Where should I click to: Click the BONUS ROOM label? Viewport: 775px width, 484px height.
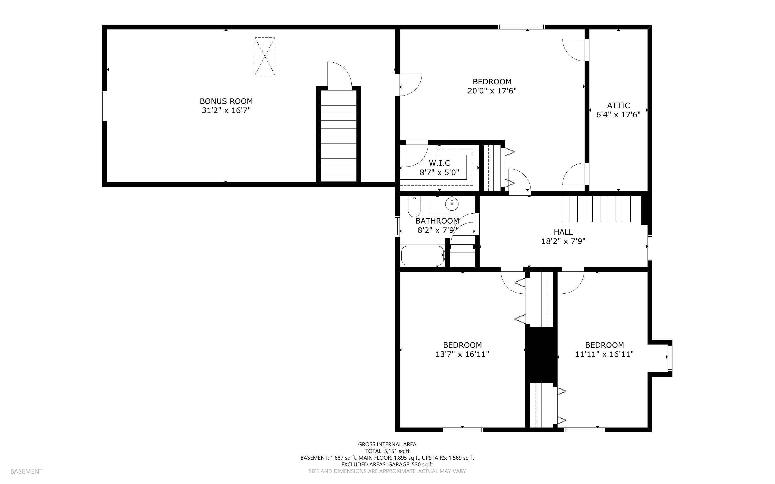[x=226, y=101]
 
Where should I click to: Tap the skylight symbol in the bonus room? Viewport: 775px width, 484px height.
[x=264, y=56]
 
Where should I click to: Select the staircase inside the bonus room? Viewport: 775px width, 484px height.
[x=339, y=136]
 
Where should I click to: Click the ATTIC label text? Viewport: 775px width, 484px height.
[x=618, y=105]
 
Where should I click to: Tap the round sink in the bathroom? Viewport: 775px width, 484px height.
[x=452, y=204]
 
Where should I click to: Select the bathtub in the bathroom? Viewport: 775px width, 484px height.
[x=423, y=255]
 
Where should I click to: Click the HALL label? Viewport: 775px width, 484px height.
[x=563, y=232]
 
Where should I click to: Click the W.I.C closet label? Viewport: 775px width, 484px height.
[x=439, y=163]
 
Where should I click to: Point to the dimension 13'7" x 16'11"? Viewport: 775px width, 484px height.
[x=462, y=354]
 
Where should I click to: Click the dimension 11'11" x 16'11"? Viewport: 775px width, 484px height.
[x=604, y=354]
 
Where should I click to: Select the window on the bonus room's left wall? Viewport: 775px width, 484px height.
[x=104, y=106]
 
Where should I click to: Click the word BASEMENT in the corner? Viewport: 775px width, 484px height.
[x=26, y=471]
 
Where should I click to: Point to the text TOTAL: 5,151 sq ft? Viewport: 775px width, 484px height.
[x=387, y=451]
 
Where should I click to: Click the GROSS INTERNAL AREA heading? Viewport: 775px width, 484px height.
[x=387, y=444]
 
